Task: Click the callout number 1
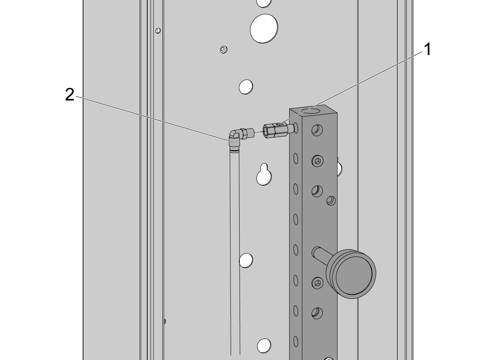tap(428, 49)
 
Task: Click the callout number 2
tap(70, 94)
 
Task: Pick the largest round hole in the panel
tap(264, 28)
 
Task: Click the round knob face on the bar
tap(354, 276)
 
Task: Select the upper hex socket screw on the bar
tap(318, 161)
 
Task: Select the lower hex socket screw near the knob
tap(318, 283)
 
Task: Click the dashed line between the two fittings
tap(259, 132)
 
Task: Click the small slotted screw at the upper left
tap(158, 31)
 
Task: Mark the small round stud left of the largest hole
tap(224, 50)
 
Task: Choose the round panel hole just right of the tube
tap(246, 260)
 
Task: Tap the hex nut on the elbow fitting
tap(243, 134)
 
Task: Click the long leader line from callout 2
tap(153, 119)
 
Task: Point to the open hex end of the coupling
tap(266, 131)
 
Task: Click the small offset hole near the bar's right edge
tap(331, 201)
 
